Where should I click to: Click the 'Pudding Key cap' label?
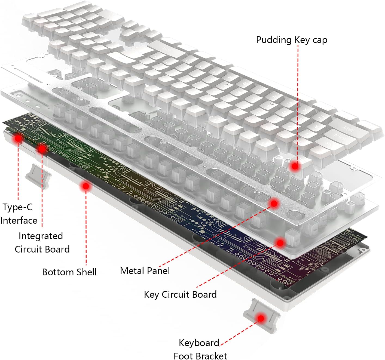tap(291, 40)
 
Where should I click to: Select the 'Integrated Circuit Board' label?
tap(42, 242)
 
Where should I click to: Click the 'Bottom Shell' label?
tap(69, 272)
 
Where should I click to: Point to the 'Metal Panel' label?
tap(145, 271)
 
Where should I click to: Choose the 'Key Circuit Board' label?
tap(180, 294)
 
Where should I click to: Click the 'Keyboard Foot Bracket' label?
tap(200, 349)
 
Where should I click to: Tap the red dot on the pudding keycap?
tap(295, 165)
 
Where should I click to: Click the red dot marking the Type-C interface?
tap(18, 139)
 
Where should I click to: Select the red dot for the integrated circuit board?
tap(42, 148)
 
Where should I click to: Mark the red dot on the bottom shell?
tap(86, 186)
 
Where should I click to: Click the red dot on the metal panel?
tap(274, 203)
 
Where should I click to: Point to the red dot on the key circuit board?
tap(280, 242)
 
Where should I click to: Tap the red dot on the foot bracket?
tap(261, 318)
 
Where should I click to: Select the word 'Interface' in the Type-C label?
tap(19, 220)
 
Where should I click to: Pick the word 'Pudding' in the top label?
tap(274, 40)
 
